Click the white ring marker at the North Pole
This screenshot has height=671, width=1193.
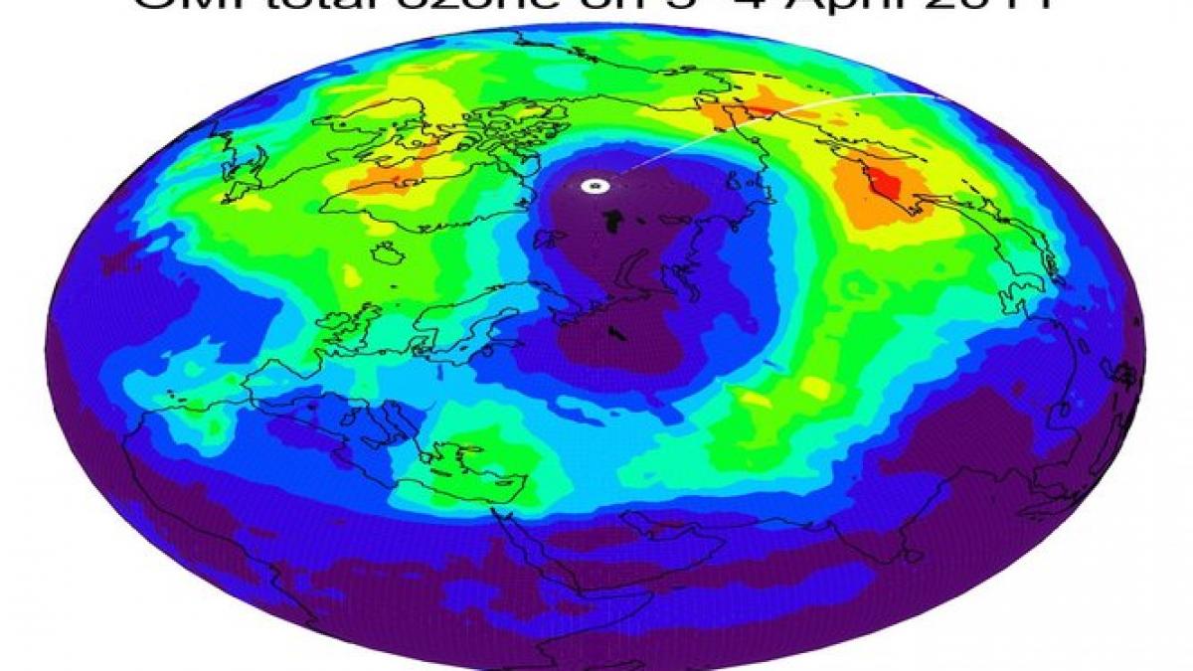point(594,185)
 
